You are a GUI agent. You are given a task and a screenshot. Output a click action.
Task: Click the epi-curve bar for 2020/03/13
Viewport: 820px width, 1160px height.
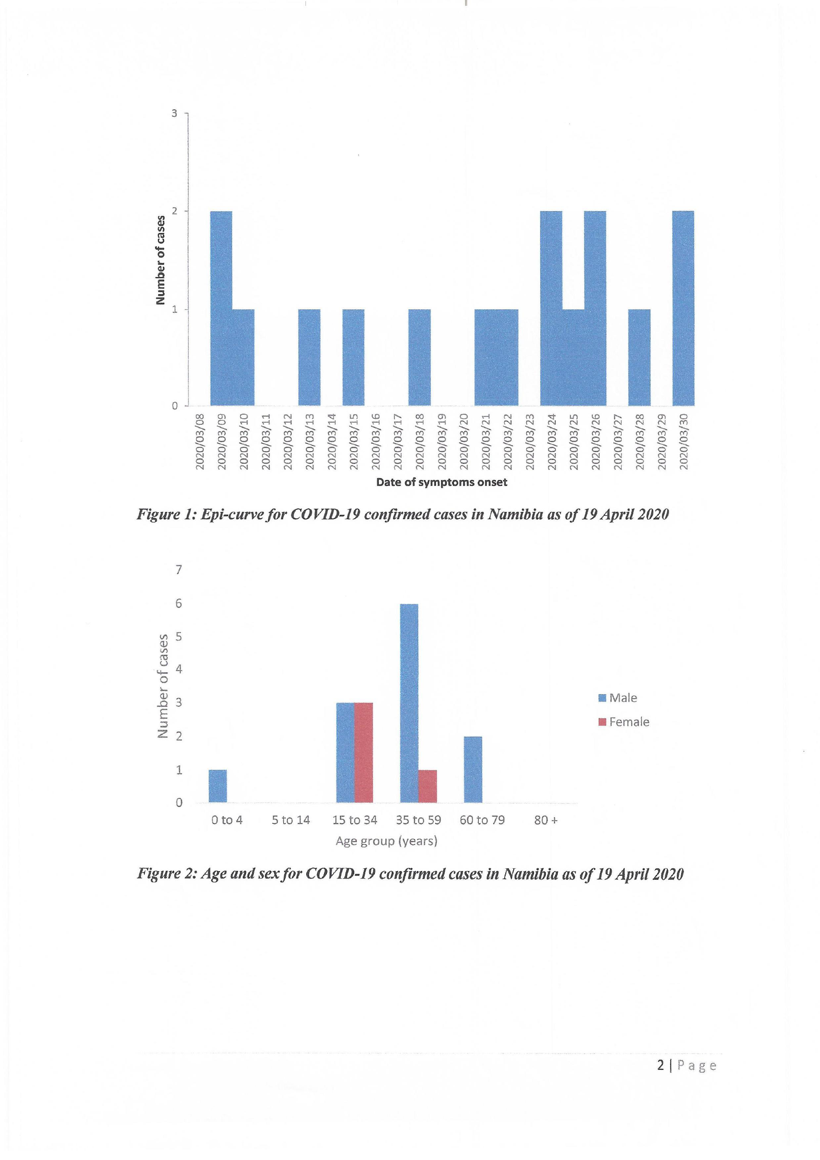pyautogui.click(x=309, y=357)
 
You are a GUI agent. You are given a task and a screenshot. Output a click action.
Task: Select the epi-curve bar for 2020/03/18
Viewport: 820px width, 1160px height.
pyautogui.click(x=419, y=357)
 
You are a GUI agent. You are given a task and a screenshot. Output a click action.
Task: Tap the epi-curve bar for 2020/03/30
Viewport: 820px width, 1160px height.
pyautogui.click(x=683, y=308)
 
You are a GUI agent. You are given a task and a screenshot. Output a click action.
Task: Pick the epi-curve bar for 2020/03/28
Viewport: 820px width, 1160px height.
pyautogui.click(x=639, y=357)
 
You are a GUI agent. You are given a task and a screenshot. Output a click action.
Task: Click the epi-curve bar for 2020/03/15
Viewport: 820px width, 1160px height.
pyautogui.click(x=353, y=357)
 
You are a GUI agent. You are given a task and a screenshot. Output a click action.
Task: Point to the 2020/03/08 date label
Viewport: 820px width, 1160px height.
pyautogui.click(x=200, y=441)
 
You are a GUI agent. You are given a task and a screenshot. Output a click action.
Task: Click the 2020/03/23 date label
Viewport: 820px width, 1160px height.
pyautogui.click(x=530, y=441)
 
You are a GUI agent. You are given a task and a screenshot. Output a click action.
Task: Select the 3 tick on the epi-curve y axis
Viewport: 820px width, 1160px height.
pyautogui.click(x=174, y=113)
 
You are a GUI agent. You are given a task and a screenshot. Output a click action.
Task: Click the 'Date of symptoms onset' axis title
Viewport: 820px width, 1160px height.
pyautogui.click(x=441, y=482)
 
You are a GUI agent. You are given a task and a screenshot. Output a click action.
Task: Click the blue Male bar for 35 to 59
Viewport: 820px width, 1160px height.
pyautogui.click(x=409, y=703)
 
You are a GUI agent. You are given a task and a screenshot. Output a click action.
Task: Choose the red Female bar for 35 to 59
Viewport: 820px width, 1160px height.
pyautogui.click(x=427, y=786)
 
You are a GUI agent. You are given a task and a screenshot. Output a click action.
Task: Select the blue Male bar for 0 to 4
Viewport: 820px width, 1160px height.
pyautogui.click(x=218, y=786)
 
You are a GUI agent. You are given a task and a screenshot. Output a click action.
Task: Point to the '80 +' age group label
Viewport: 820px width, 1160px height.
pyautogui.click(x=546, y=820)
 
